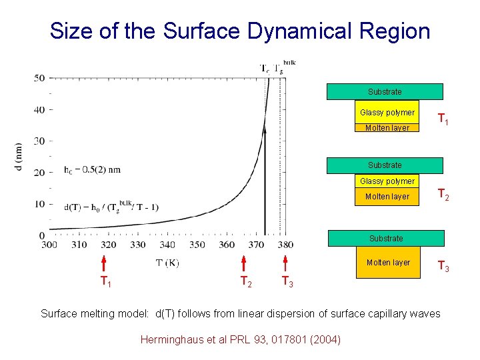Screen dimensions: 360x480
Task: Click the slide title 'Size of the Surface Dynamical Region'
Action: click(x=240, y=31)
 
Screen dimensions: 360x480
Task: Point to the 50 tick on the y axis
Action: click(x=39, y=78)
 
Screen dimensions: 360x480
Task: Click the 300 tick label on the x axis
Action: click(x=49, y=245)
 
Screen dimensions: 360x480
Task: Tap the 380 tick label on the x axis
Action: click(x=285, y=245)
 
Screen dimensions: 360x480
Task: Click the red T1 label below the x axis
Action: click(x=105, y=281)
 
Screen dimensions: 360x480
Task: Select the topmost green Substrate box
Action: click(x=385, y=91)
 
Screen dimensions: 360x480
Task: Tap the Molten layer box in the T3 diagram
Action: click(x=388, y=262)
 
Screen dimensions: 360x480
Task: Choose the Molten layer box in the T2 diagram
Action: click(x=387, y=197)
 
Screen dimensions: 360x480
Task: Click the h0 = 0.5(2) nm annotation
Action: click(x=93, y=169)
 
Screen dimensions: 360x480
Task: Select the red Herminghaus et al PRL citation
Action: click(x=240, y=339)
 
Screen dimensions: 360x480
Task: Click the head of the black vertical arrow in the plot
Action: click(x=265, y=129)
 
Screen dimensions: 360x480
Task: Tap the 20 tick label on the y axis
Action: click(x=39, y=173)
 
